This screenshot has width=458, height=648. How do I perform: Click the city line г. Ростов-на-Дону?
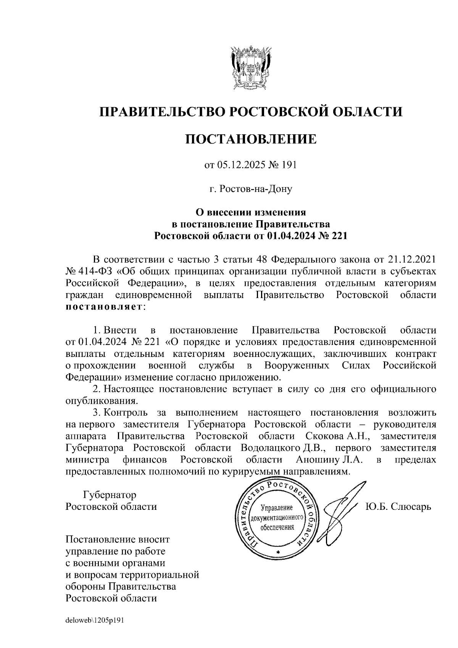click(x=251, y=189)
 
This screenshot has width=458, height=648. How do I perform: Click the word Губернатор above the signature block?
click(x=110, y=495)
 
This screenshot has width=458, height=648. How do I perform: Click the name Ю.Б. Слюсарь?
click(x=398, y=507)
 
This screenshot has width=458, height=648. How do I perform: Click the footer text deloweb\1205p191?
click(x=95, y=621)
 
